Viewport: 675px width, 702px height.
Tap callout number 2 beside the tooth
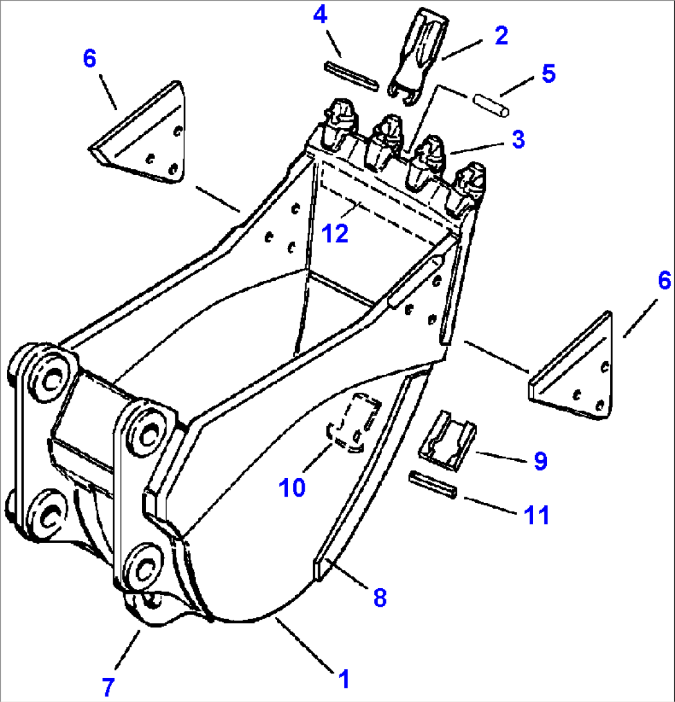[x=501, y=35]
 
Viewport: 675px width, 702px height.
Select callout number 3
[x=518, y=139]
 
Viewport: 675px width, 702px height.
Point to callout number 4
[x=320, y=15]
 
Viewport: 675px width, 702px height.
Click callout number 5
[x=547, y=74]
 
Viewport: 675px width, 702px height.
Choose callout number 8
[x=380, y=597]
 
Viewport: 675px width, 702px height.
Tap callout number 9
[x=540, y=461]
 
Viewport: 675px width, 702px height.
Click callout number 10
[x=292, y=487]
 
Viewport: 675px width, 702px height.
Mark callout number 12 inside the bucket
[x=336, y=233]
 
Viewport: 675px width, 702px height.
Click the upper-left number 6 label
[x=90, y=59]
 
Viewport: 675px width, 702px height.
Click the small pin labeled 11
[x=433, y=484]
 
